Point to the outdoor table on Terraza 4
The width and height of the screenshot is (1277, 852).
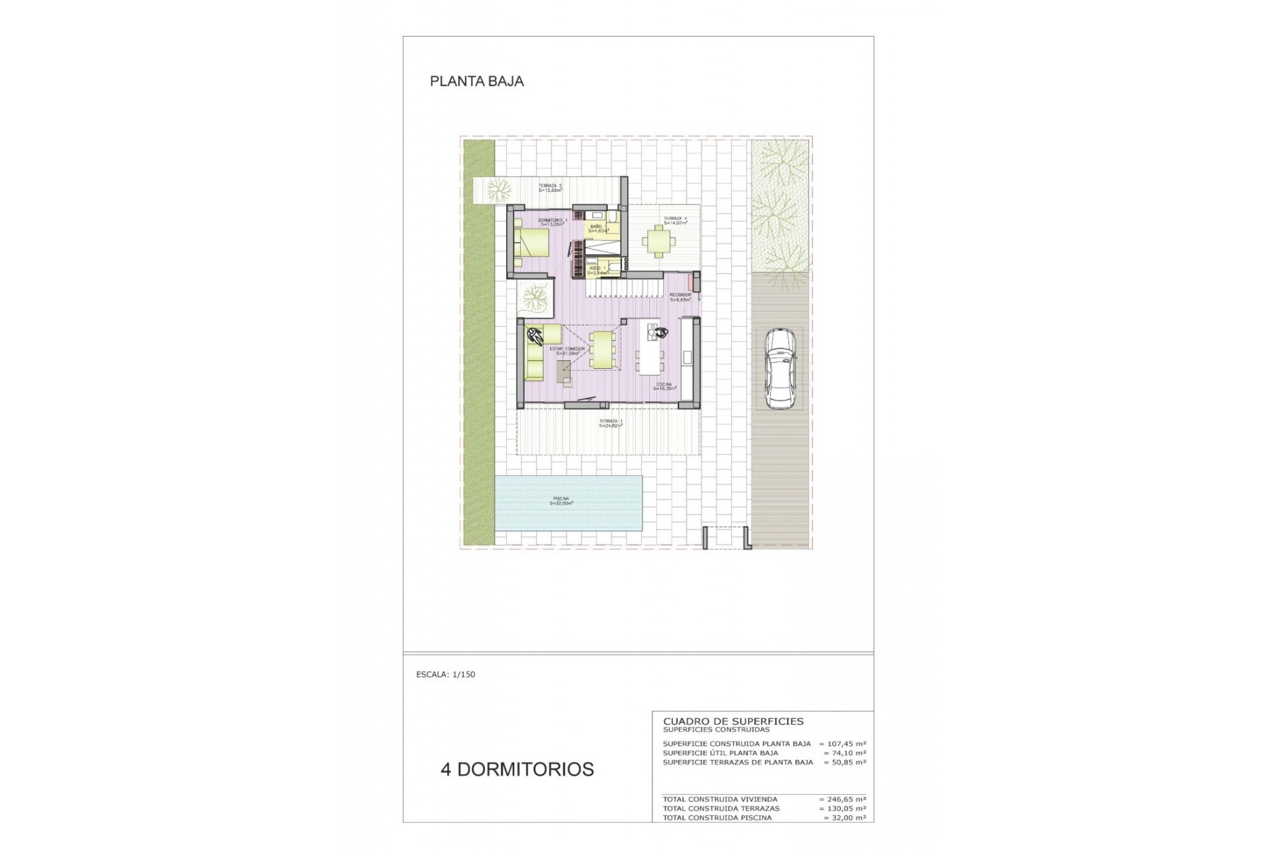(x=658, y=242)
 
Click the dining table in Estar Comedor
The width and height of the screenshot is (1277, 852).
(x=603, y=349)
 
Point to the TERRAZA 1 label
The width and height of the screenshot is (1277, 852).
(x=611, y=423)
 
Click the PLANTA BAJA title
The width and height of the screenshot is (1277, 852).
(x=477, y=81)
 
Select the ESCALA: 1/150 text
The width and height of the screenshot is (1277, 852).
(x=446, y=674)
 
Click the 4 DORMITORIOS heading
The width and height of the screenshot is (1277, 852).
(x=517, y=769)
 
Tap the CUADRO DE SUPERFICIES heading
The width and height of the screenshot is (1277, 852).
(x=733, y=721)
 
